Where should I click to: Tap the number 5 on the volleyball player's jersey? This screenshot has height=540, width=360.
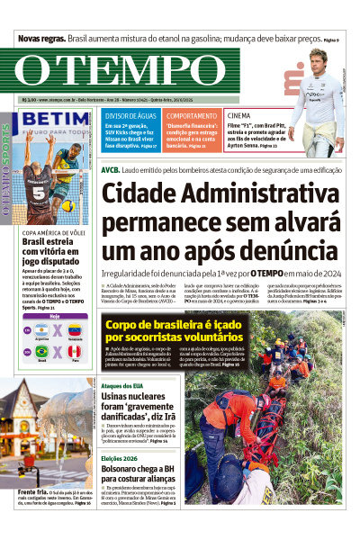(39, 192)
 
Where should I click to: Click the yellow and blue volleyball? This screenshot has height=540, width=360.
(68, 206)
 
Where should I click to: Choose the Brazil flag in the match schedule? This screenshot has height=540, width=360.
(40, 351)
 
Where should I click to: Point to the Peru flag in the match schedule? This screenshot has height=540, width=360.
(76, 351)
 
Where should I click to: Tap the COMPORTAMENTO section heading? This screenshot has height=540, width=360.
(192, 116)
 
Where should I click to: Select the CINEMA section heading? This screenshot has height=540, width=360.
(239, 116)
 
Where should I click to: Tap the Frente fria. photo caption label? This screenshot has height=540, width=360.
(31, 518)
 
